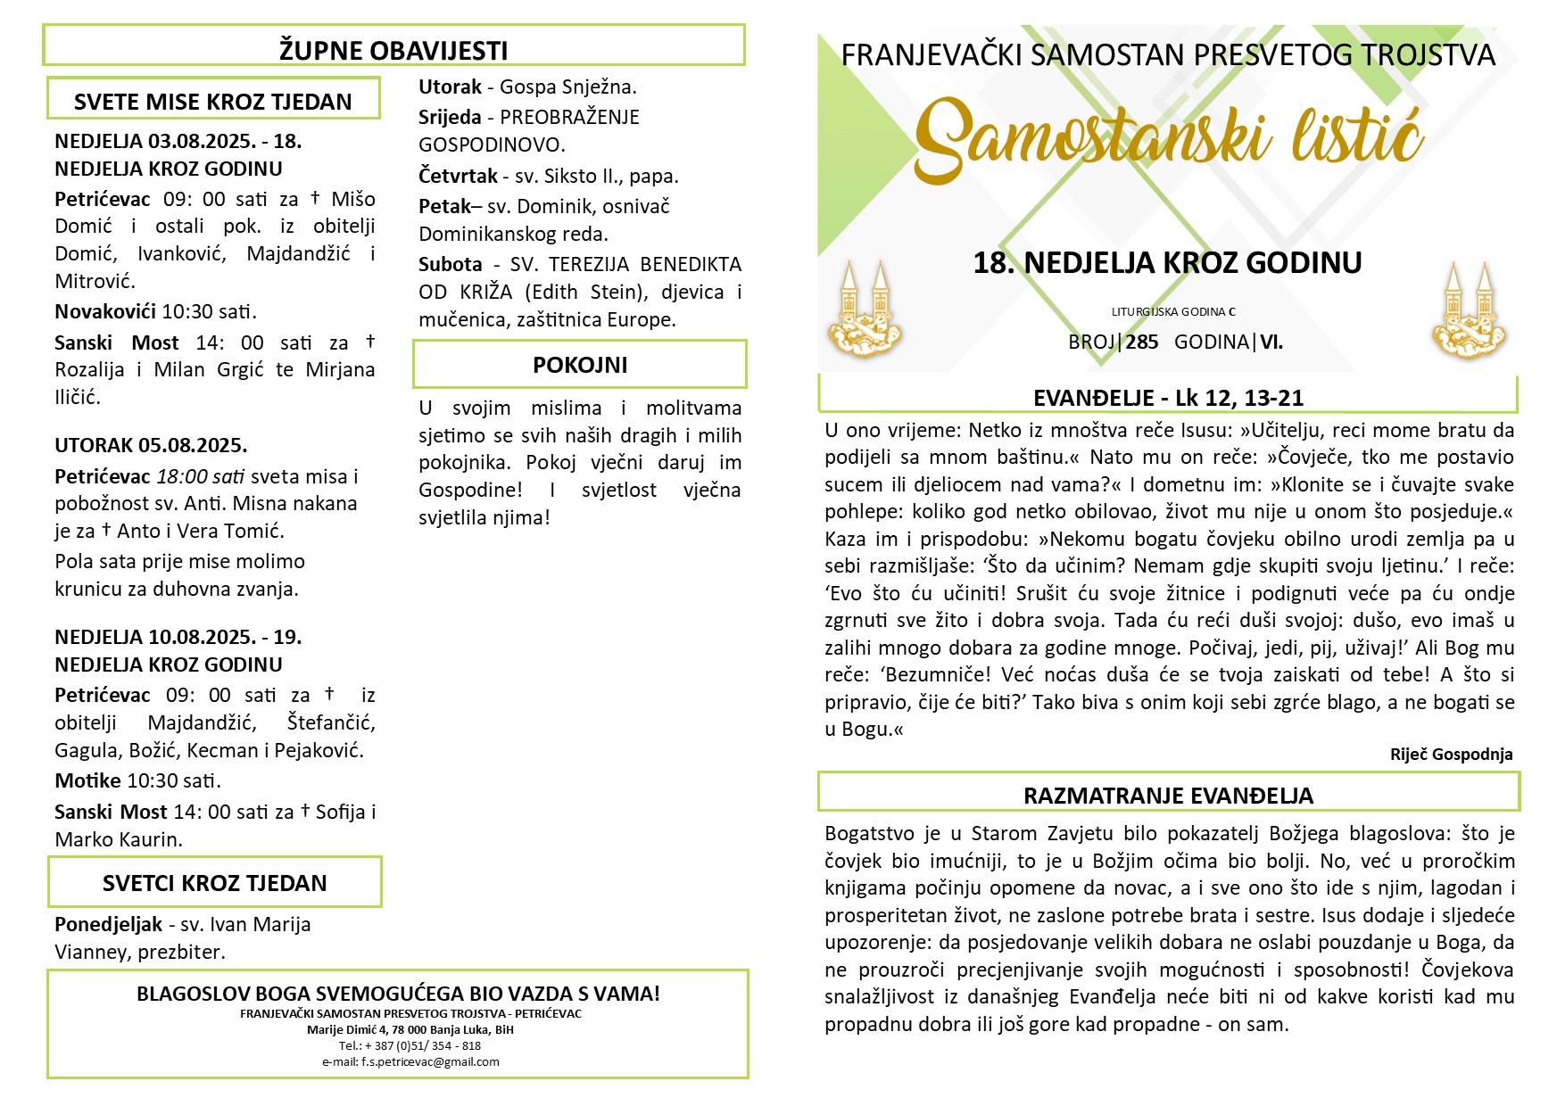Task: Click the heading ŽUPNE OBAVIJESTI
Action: pos(393,51)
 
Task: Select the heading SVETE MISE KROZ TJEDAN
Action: pos(212,102)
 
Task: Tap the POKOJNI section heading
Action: pos(580,365)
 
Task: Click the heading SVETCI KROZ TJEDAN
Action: pos(214,883)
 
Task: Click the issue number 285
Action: pos(1142,342)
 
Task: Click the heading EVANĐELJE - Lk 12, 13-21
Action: pos(1168,398)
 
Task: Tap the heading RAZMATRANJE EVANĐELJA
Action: pos(1168,796)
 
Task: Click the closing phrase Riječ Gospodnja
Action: pos(1451,755)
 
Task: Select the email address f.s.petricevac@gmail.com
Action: pos(410,1062)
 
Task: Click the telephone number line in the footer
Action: pos(410,1046)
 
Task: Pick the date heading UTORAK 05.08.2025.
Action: pos(151,445)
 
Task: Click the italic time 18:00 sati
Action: pos(201,476)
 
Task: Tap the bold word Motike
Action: pos(87,780)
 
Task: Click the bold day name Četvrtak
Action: pos(458,176)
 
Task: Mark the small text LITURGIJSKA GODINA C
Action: pos(1173,312)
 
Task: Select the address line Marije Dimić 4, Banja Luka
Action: pos(410,1030)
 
